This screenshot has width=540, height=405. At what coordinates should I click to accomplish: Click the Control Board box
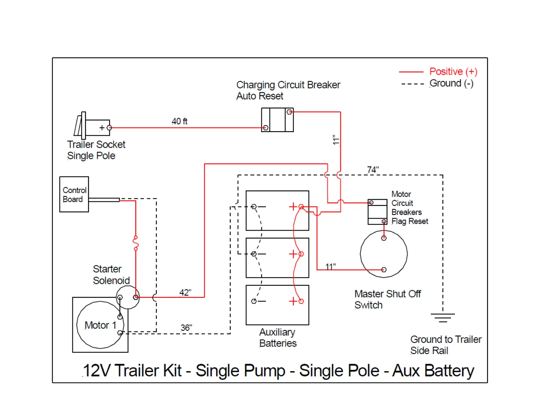pyautogui.click(x=74, y=194)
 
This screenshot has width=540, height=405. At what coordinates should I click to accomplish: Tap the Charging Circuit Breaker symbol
pyautogui.click(x=277, y=120)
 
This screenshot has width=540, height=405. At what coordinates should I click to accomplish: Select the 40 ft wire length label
pyautogui.click(x=179, y=121)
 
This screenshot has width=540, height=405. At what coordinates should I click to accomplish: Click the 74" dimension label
pyautogui.click(x=373, y=169)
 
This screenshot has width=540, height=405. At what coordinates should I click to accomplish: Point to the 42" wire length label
pyautogui.click(x=185, y=292)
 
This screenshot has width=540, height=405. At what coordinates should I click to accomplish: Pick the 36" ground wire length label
pyautogui.click(x=186, y=328)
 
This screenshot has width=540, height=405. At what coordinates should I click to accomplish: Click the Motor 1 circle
pyautogui.click(x=100, y=325)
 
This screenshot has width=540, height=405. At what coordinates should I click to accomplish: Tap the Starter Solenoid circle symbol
pyautogui.click(x=128, y=297)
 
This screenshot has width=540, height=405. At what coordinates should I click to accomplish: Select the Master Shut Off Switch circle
pyautogui.click(x=384, y=254)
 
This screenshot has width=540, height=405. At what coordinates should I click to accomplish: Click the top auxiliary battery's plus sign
pyautogui.click(x=293, y=207)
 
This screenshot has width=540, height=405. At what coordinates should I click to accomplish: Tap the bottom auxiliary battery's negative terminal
pyautogui.click(x=254, y=301)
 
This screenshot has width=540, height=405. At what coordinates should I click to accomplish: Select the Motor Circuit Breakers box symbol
pyautogui.click(x=377, y=212)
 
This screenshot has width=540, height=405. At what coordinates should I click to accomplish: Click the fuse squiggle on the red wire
pyautogui.click(x=136, y=243)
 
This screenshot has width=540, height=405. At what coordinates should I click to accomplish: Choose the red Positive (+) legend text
pyautogui.click(x=453, y=72)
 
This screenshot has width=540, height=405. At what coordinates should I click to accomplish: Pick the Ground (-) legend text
pyautogui.click(x=451, y=83)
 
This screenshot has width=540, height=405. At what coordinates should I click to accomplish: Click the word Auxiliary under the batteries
pyautogui.click(x=277, y=332)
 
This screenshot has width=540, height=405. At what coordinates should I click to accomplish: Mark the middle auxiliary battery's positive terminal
pyautogui.click(x=301, y=254)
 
